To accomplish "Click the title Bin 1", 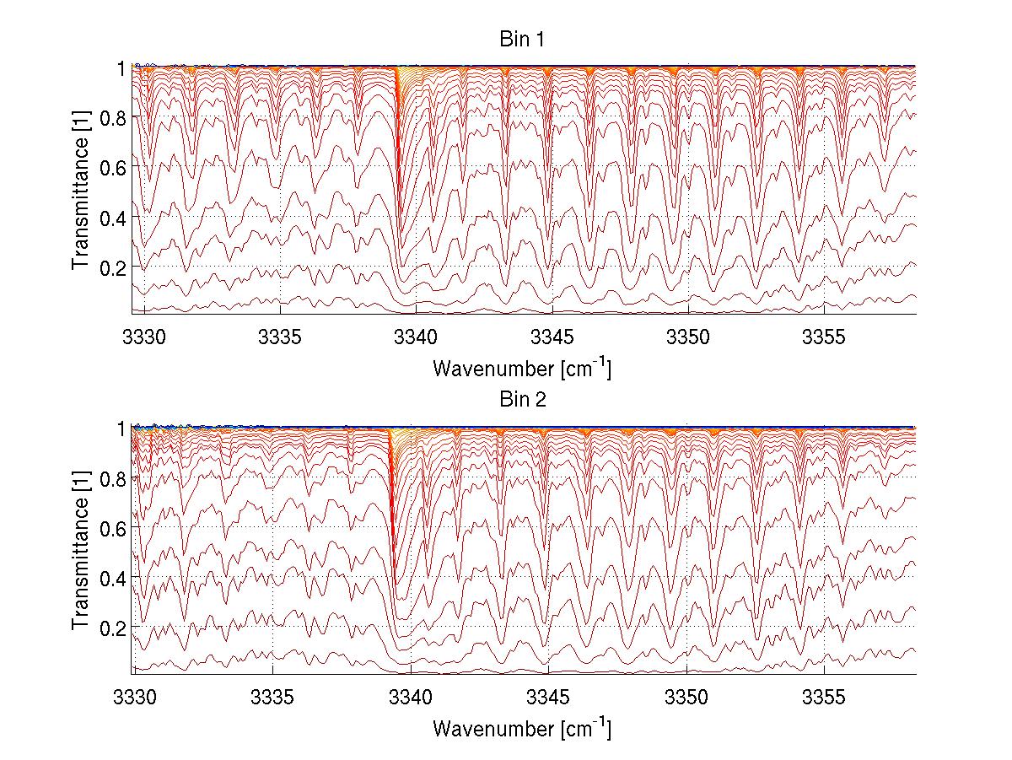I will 523,39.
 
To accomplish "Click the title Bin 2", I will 523,400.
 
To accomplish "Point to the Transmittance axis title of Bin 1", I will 81,191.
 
